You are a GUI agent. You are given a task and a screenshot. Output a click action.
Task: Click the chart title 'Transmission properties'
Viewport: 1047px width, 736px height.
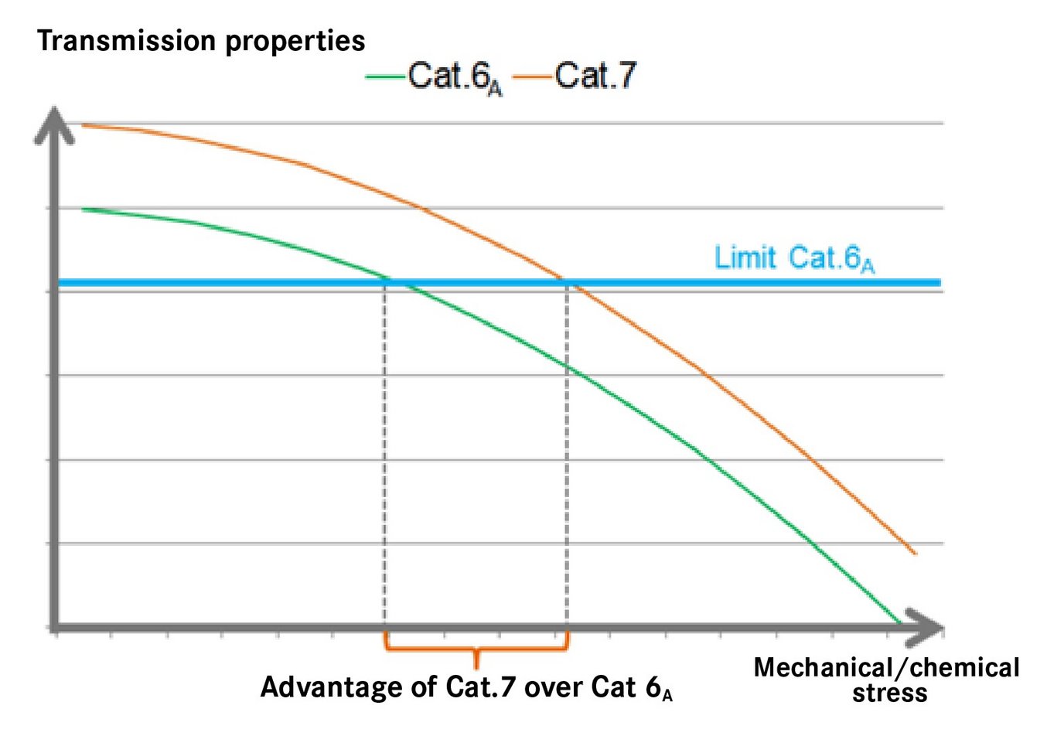tap(201, 40)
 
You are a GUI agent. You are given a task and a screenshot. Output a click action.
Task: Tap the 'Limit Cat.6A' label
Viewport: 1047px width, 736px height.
tap(794, 258)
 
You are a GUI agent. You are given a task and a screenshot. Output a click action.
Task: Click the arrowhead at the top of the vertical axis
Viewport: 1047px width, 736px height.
tap(54, 124)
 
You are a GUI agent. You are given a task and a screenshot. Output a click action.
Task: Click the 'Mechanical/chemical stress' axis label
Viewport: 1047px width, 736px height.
tap(887, 679)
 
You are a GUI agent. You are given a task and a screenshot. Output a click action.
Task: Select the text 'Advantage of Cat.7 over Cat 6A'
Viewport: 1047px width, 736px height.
tap(466, 687)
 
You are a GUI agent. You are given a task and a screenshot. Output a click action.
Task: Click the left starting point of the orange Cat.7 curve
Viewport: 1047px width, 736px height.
tap(83, 124)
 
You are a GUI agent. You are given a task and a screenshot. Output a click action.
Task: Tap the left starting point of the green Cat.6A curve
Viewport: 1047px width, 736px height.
tap(83, 210)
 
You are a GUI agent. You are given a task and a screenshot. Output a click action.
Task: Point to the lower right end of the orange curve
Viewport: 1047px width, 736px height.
tap(915, 553)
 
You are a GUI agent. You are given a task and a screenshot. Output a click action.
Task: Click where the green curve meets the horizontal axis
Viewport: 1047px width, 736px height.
tap(900, 623)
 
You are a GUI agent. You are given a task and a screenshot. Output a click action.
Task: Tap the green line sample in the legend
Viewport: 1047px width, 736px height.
tap(385, 76)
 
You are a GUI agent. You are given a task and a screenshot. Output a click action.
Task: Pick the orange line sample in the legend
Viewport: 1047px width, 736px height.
tap(532, 76)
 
